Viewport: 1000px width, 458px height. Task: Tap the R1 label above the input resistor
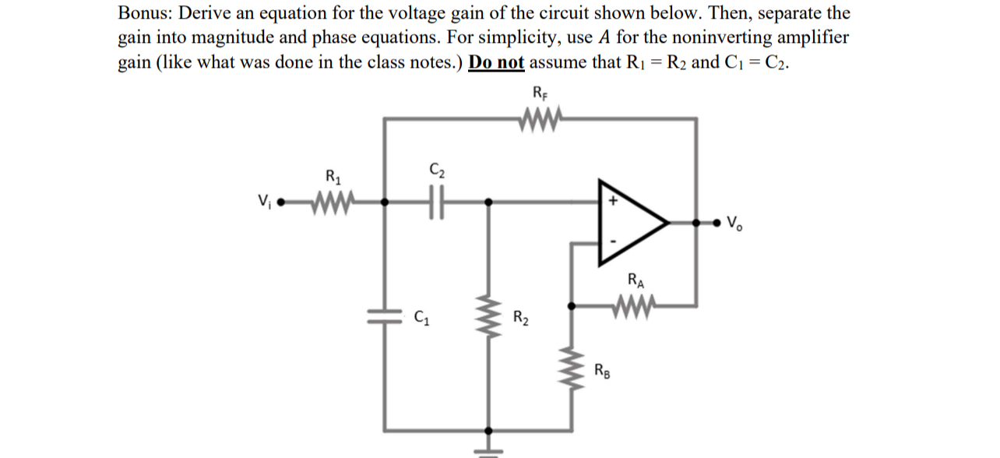tap(333, 176)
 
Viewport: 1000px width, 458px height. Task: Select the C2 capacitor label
tap(436, 168)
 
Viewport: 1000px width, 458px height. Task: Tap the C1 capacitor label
tap(421, 317)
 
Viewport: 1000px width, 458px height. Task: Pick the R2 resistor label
tap(521, 317)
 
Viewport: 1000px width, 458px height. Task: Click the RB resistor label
tap(602, 370)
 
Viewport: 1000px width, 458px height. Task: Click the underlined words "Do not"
tap(497, 62)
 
